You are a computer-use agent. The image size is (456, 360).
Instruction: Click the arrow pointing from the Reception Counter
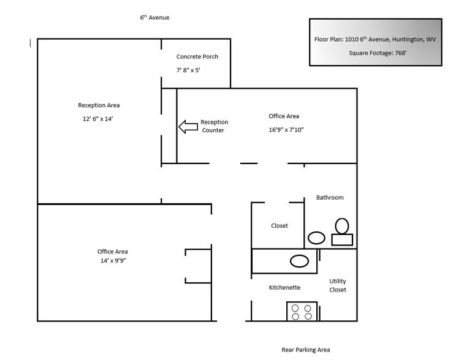point(186,127)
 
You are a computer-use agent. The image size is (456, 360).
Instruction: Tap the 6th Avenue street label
point(154,18)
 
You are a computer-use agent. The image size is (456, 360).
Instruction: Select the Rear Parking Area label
point(305,350)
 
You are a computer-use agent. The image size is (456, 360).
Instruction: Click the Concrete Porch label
point(197,57)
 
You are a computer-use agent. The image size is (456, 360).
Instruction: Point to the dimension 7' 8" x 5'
point(189,70)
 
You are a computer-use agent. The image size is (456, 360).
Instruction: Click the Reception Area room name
point(99,105)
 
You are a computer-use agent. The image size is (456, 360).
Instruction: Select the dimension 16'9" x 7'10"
point(287,129)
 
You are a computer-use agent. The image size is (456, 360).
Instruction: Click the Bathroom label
point(330,198)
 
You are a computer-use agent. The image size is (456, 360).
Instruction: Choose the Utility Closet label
point(338,285)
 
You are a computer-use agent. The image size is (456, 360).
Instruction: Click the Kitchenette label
point(284,287)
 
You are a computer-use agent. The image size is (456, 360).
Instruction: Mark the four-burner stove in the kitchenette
point(302,312)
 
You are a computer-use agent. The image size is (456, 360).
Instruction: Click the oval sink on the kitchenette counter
point(299,261)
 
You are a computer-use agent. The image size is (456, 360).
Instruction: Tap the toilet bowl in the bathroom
point(342,226)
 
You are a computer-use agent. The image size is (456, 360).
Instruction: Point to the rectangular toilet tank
point(342,239)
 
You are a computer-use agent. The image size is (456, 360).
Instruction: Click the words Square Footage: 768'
point(375,53)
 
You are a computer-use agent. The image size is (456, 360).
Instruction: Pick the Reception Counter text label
point(213,126)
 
